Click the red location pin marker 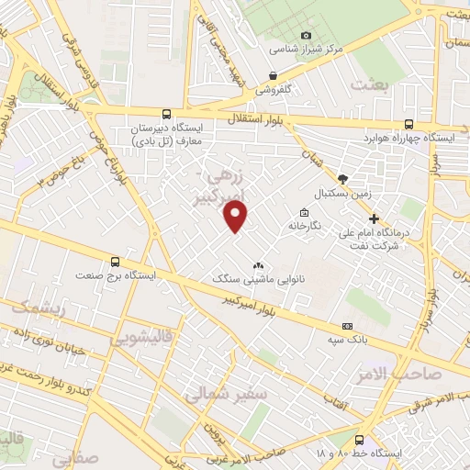(x=236, y=217)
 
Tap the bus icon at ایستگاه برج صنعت (x=115, y=261)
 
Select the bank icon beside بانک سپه (x=347, y=326)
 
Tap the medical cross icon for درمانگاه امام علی (x=375, y=218)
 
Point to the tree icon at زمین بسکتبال (x=342, y=179)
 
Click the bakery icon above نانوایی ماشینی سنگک (x=258, y=264)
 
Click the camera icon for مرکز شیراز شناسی (x=307, y=35)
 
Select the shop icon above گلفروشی (x=273, y=75)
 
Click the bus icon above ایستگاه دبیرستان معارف (x=166, y=115)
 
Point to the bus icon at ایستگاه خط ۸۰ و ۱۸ (x=359, y=440)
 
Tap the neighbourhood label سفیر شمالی (x=226, y=396)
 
